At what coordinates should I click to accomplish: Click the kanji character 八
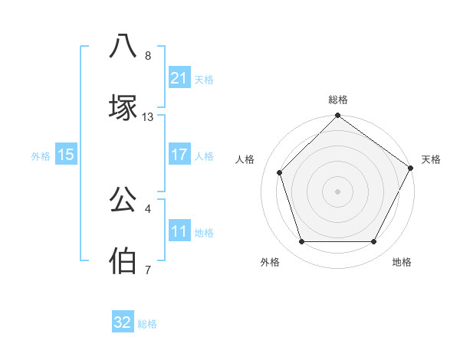tap(123, 47)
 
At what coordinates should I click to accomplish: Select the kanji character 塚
tap(123, 108)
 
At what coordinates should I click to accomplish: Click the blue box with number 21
tap(179, 78)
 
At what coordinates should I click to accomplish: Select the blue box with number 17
tap(179, 155)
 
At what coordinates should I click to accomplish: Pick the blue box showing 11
tap(179, 231)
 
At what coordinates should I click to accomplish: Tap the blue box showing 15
tap(66, 155)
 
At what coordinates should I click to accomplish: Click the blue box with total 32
tap(123, 323)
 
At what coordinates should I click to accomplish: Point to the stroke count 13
tap(148, 117)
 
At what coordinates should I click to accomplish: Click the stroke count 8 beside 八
tap(147, 56)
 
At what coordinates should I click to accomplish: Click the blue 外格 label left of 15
tap(41, 155)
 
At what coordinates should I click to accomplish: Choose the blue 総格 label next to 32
tap(147, 324)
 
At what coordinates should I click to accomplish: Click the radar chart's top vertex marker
tap(337, 116)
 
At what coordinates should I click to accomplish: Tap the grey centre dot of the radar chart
tap(337, 191)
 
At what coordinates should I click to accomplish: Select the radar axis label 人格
tap(245, 159)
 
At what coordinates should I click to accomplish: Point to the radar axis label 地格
tap(402, 263)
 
